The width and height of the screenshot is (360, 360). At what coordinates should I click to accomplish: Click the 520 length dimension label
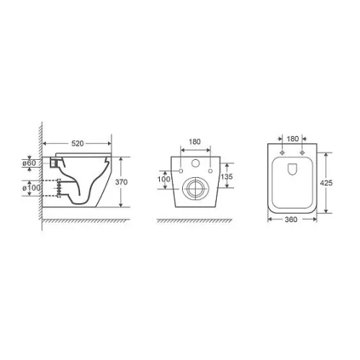coord(78,143)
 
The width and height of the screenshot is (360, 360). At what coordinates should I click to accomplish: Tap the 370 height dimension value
coord(121,182)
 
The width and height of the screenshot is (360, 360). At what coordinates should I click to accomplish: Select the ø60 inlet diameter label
coord(30,163)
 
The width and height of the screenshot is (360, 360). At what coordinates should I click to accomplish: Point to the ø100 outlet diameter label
coord(32,188)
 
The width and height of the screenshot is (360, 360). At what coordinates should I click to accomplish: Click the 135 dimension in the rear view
coord(227,176)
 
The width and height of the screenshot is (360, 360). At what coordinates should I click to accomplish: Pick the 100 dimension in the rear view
coord(164,179)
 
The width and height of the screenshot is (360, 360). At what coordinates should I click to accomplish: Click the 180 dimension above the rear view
coord(194,142)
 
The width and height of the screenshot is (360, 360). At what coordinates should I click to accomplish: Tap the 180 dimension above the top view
coord(293,139)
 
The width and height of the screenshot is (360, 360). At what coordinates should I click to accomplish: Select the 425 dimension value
coord(326,183)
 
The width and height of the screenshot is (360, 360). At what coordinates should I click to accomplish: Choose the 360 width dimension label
coord(291,220)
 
